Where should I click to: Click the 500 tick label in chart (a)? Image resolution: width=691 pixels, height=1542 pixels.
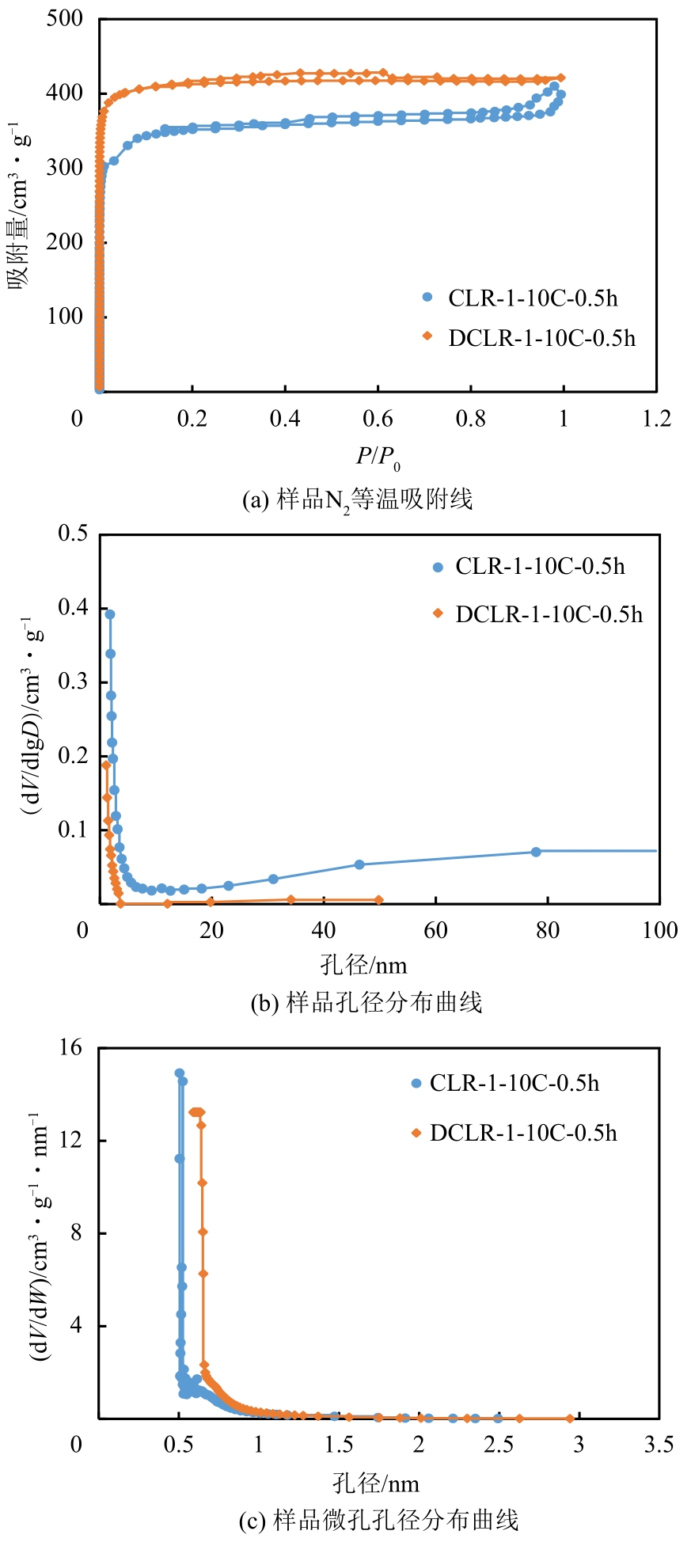tap(64, 18)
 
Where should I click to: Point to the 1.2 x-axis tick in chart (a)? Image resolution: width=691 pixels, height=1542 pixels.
tap(656, 418)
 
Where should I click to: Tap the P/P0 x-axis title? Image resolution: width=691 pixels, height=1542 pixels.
tap(378, 457)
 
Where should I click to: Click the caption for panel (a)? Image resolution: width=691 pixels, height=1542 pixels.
tap(357, 500)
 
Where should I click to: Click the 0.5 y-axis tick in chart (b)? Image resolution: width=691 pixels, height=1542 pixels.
tap(73, 534)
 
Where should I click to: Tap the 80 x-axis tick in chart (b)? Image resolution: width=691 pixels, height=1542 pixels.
tap(548, 930)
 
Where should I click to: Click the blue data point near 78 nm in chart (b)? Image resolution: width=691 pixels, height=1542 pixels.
tap(536, 852)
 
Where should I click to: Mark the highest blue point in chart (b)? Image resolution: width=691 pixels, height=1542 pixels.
tap(110, 614)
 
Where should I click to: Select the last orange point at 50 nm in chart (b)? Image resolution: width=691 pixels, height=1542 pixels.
tap(379, 900)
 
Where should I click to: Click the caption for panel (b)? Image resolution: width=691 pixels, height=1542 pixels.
tap(366, 1003)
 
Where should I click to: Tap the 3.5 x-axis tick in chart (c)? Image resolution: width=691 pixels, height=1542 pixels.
tap(659, 1445)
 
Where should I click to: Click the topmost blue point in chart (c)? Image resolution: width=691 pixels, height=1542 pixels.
tap(180, 1073)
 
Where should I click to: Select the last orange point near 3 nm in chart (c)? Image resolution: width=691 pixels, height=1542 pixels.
tap(571, 1419)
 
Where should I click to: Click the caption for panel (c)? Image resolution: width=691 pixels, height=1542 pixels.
tap(378, 1520)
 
